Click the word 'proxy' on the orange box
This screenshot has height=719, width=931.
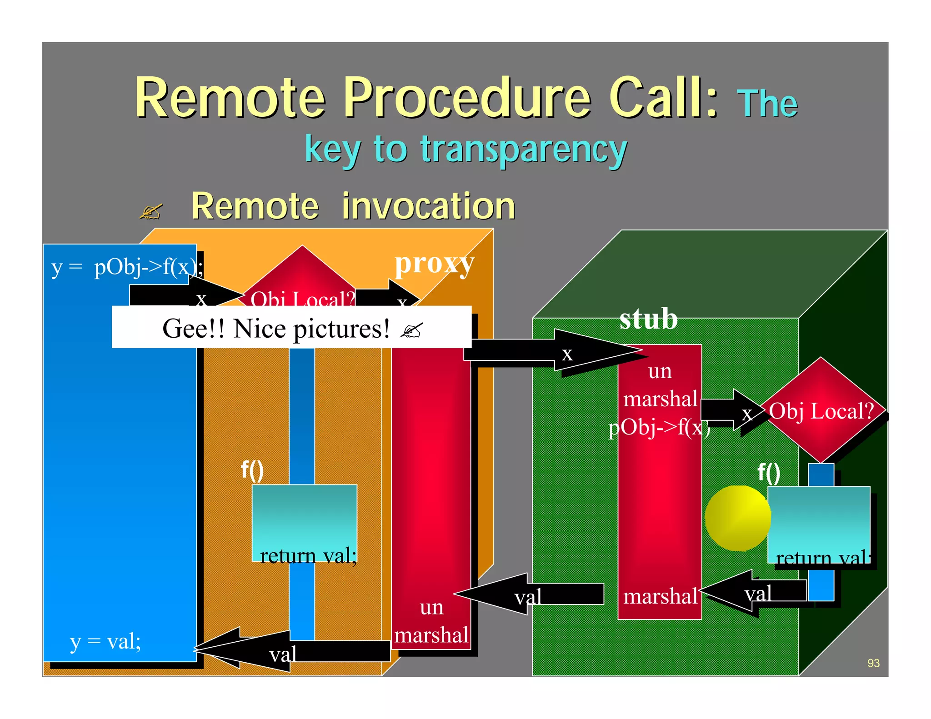tap(434, 264)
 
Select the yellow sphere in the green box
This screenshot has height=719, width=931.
tap(736, 518)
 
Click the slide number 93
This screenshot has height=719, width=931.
tap(873, 663)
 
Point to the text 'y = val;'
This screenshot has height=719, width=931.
tap(105, 642)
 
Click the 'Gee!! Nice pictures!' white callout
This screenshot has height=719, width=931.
tap(291, 328)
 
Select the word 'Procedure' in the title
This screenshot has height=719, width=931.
tap(468, 98)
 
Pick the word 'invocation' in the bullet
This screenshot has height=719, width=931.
tap(428, 206)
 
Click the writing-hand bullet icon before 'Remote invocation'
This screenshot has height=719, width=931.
tap(150, 212)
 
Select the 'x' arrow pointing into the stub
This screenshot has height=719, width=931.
tap(559, 353)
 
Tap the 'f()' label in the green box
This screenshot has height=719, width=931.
tap(769, 473)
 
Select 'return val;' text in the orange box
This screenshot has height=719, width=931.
tap(308, 555)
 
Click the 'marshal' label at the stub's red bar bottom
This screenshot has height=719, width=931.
tap(660, 596)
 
